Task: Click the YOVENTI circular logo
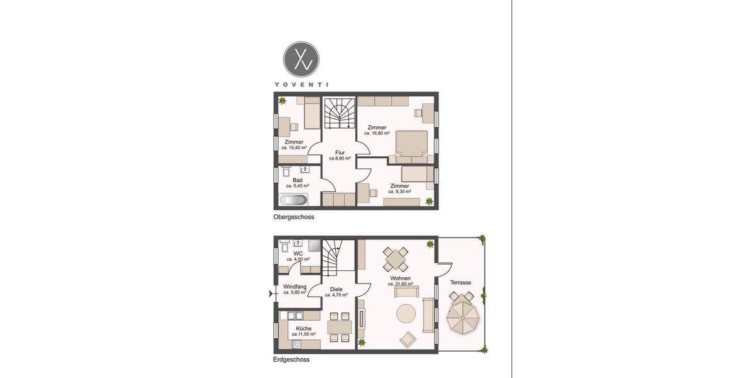(x=301, y=60)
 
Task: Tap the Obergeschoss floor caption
(x=294, y=217)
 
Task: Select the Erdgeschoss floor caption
(x=291, y=360)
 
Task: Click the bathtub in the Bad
(x=293, y=200)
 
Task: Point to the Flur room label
(x=340, y=152)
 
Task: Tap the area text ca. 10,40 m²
(x=294, y=148)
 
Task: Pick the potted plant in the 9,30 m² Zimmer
(x=429, y=201)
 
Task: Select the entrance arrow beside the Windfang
(x=272, y=293)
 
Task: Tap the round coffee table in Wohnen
(x=406, y=313)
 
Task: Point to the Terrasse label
(x=461, y=283)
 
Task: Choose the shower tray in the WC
(x=313, y=244)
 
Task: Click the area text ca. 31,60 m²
(x=400, y=284)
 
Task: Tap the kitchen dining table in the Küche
(x=340, y=327)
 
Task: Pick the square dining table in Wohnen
(x=396, y=258)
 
